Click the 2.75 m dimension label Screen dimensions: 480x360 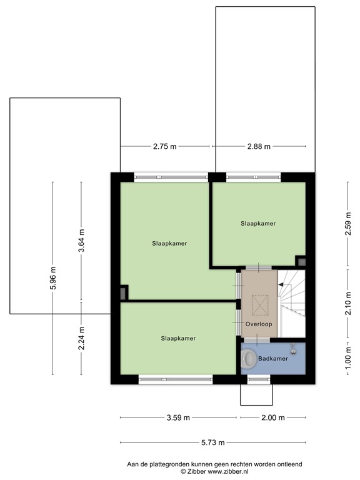point(165,146)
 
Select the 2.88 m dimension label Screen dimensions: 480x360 point(259,146)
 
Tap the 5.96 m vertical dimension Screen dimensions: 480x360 point(53,278)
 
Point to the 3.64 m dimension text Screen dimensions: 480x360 point(81,241)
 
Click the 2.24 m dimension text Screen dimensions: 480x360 point(81,337)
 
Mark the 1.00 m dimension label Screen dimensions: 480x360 point(348,359)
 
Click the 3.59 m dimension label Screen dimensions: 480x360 point(178,418)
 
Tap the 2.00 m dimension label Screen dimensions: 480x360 point(272,418)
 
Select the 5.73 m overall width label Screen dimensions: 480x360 point(212,441)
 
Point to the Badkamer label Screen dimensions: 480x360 point(273,359)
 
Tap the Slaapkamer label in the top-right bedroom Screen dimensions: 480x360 point(258,223)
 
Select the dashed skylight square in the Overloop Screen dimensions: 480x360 point(257,304)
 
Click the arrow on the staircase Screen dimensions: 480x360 point(282,284)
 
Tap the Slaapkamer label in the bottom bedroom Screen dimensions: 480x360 point(178,338)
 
